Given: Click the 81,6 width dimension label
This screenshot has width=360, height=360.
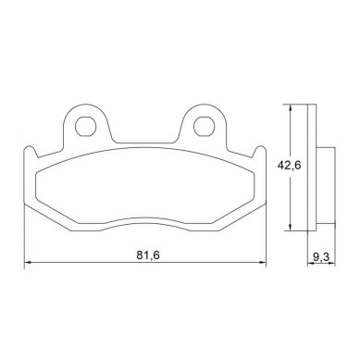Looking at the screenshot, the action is tap(147, 255).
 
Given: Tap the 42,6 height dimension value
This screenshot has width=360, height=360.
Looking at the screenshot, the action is tap(289, 166).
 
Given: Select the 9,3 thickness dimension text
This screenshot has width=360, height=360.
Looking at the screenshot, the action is tap(321, 256).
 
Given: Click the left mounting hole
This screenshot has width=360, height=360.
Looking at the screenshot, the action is tap(85, 126).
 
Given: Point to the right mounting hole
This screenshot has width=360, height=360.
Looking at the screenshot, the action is tap(204, 126).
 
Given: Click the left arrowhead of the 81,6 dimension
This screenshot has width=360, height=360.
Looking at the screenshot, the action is tap(28, 263).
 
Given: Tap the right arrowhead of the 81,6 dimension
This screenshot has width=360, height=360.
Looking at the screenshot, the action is tap(262, 263).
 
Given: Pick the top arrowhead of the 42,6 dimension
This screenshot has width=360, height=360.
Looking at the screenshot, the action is tap(290, 108).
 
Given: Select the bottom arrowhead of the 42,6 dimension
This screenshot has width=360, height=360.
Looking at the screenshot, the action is tap(290, 227).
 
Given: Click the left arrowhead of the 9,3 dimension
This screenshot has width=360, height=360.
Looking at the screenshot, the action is tap(311, 264).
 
